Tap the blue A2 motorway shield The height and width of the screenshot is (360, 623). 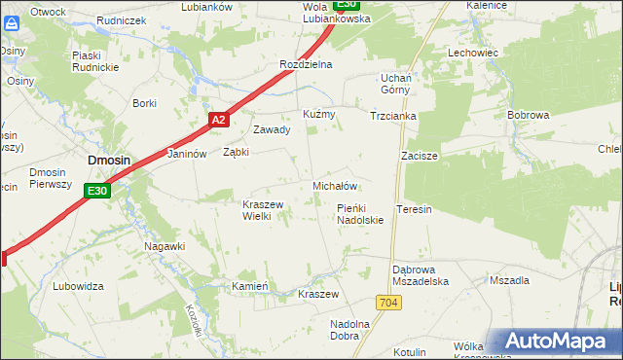point(219,120)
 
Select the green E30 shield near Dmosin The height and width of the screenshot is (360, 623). point(96,191)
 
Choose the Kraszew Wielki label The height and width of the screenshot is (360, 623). point(262,210)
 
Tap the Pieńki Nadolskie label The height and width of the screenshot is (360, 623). point(360,214)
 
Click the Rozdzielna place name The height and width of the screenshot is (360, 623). point(307,64)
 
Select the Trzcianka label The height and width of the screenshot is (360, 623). point(393,116)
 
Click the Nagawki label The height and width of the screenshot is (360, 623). point(165,246)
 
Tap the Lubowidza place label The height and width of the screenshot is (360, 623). point(79,286)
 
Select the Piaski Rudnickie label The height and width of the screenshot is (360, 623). point(93,61)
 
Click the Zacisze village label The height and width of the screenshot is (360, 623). point(420,156)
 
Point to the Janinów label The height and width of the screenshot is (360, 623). point(189,154)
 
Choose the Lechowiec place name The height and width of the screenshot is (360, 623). point(473,53)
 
